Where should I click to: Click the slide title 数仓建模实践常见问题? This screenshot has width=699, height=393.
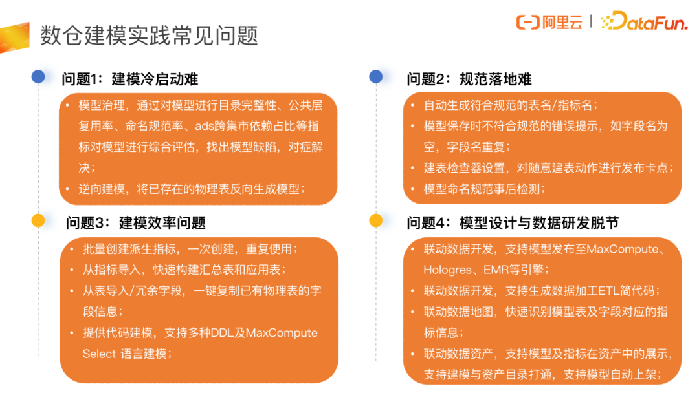click(150, 35)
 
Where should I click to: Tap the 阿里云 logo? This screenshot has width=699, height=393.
click(549, 22)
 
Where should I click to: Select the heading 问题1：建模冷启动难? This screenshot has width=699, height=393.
click(129, 80)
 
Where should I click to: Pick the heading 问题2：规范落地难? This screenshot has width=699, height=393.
click(469, 80)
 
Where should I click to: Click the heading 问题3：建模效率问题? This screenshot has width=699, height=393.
click(135, 223)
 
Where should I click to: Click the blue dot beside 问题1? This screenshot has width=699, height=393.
click(38, 77)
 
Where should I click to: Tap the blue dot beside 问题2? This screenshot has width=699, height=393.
click(376, 77)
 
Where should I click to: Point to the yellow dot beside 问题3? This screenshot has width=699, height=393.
click(38, 220)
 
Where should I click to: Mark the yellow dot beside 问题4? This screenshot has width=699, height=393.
click(376, 220)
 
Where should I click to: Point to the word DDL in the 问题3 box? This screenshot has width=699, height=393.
click(216, 333)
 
